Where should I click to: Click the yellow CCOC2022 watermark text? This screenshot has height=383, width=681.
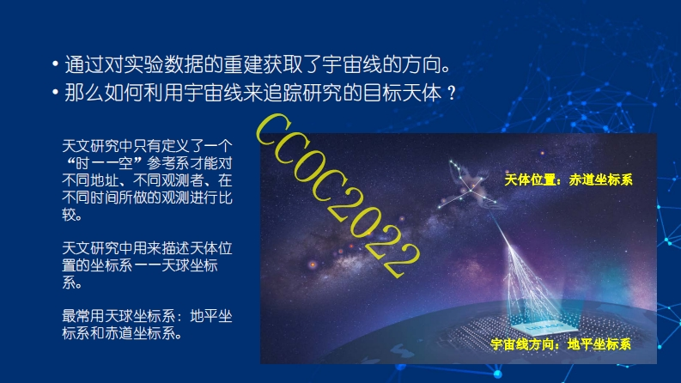pyautogui.click(x=337, y=196)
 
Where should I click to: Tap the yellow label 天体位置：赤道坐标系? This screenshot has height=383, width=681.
pyautogui.click(x=569, y=179)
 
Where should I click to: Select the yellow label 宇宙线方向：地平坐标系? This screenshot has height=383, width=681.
pyautogui.click(x=561, y=344)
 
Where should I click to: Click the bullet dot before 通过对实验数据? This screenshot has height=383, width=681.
pyautogui.click(x=55, y=64)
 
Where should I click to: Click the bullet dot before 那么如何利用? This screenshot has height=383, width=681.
pyautogui.click(x=55, y=93)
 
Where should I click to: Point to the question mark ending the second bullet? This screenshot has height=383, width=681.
pyautogui.click(x=452, y=93)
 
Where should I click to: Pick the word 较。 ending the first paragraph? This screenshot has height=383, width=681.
pyautogui.click(x=72, y=215)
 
